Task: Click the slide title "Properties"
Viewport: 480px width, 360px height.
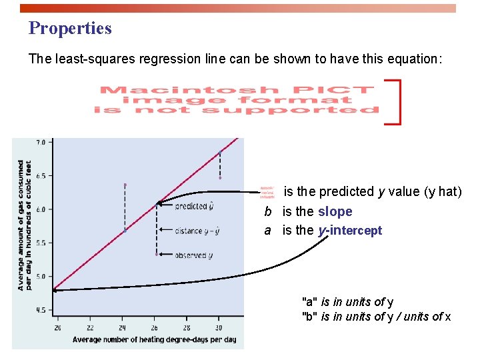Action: coord(70,29)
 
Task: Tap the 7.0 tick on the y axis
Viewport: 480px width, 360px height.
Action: coord(41,142)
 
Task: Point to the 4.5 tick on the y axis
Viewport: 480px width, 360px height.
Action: coord(41,310)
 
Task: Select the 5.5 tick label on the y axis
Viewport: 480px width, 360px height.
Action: coord(41,243)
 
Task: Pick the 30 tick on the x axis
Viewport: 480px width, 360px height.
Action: coord(219,328)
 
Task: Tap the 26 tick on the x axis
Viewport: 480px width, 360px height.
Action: coord(155,328)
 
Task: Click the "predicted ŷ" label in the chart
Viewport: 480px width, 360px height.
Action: coord(194,207)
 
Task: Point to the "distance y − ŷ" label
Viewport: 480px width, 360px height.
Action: coord(197,231)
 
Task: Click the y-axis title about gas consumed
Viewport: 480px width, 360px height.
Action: coord(25,225)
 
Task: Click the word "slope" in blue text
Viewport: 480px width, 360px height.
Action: coord(335,211)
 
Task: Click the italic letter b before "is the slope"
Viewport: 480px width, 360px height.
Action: coord(267,212)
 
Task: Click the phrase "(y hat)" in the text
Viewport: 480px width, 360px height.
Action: coord(441,192)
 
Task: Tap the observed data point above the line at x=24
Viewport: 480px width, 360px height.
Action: coord(125,185)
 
